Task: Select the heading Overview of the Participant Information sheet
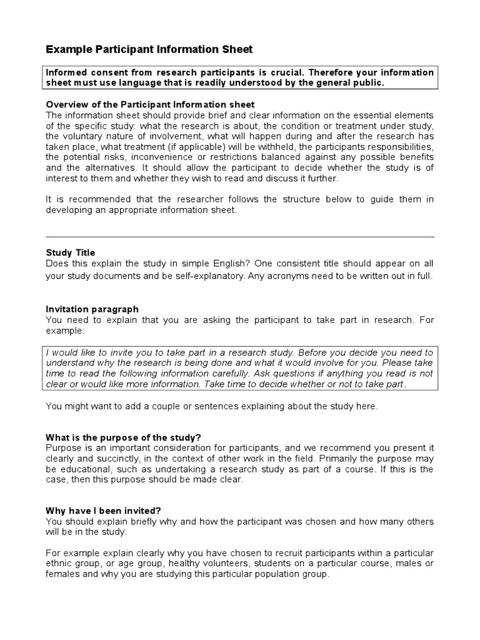tap(151, 104)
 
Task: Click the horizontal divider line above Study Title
tap(240, 237)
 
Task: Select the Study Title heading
tap(71, 253)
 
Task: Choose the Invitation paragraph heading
tap(92, 309)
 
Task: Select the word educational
tap(86, 469)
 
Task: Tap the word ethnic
tap(60, 564)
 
